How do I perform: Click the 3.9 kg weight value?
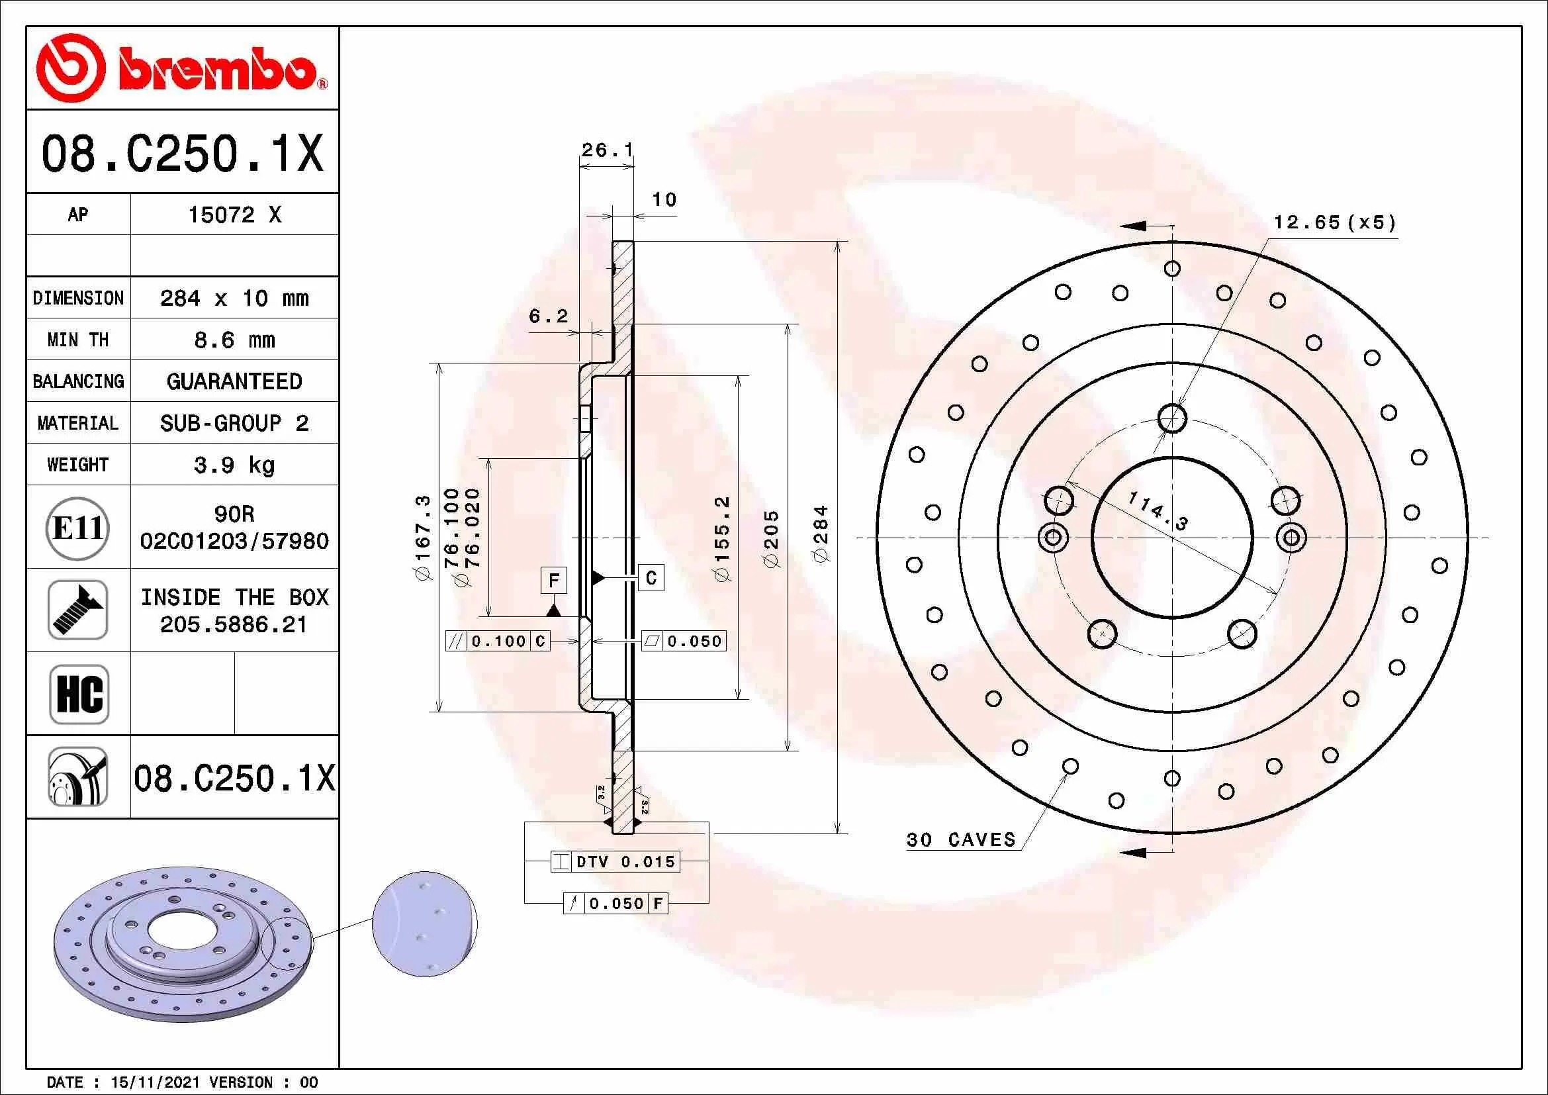click(x=234, y=465)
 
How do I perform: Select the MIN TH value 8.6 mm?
click(x=234, y=340)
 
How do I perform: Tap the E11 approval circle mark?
click(x=77, y=528)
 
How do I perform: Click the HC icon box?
click(x=79, y=694)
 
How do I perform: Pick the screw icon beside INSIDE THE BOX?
click(x=77, y=610)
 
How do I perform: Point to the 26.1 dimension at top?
click(x=607, y=150)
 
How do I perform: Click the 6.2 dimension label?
click(x=548, y=316)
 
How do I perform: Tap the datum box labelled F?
click(x=553, y=581)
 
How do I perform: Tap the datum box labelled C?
click(x=651, y=578)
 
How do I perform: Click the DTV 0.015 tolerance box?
click(x=615, y=862)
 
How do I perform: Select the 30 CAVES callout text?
click(x=961, y=839)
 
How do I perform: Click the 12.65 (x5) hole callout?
click(x=1334, y=222)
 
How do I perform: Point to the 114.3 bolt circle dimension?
click(x=1158, y=510)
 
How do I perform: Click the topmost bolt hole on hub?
click(x=1173, y=418)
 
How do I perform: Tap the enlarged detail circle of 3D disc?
click(x=425, y=924)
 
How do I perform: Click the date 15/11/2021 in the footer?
click(x=155, y=1082)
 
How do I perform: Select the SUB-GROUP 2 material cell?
click(x=234, y=423)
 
